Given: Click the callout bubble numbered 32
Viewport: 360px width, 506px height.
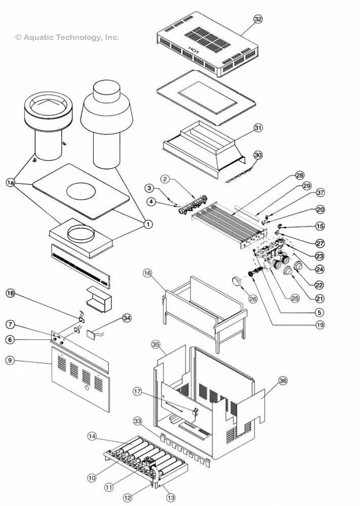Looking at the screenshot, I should [258, 19].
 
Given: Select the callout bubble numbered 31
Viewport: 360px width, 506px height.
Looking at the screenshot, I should [258, 128].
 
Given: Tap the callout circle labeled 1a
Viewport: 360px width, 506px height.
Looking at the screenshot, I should [10, 182].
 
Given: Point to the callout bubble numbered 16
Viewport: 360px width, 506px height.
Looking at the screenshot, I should [147, 274].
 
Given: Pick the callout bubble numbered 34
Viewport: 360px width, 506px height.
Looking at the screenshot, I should [127, 318].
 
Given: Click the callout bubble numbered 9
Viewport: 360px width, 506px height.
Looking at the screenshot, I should [10, 361].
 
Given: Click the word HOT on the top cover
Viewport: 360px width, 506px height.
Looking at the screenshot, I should [193, 51].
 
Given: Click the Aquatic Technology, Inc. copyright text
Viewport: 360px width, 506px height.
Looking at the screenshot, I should [67, 37].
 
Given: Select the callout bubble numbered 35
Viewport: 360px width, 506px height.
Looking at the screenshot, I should [156, 344].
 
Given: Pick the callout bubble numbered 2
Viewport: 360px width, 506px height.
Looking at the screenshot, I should [166, 179].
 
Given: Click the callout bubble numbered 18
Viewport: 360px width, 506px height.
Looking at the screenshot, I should [10, 293].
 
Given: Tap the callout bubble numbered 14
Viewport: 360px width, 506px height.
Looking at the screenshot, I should [92, 436].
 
